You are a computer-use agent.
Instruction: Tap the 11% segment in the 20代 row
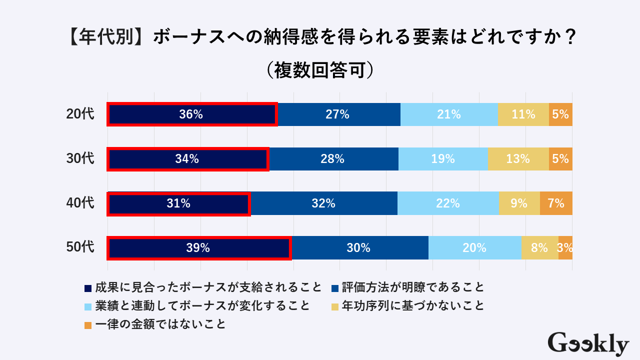523,114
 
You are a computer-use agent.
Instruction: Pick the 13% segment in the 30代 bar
518,159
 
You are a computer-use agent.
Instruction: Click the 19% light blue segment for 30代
443,159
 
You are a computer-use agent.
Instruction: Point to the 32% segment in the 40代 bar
323,203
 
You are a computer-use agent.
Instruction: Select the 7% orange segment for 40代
556,203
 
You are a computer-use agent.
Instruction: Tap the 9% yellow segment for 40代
519,203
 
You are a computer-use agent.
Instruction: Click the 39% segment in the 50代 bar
199,247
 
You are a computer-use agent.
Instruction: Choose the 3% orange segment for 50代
565,247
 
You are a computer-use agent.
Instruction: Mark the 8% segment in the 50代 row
539,247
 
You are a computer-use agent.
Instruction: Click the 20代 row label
80,114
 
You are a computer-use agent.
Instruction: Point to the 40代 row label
80,203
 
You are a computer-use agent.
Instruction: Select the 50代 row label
80,247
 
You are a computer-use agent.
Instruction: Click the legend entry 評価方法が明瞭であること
412,287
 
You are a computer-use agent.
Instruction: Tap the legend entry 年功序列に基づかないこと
412,305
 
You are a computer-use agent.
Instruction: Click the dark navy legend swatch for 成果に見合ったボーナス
88,288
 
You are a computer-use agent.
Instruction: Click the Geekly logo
588,343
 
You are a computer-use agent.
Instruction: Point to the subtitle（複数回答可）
320,69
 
